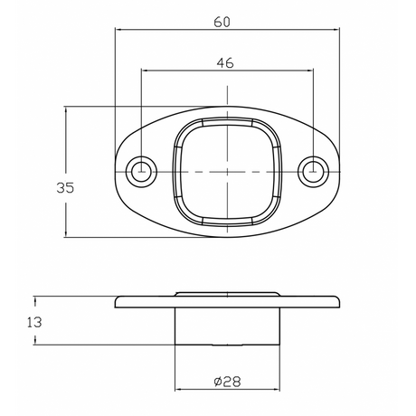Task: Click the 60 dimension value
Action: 222,22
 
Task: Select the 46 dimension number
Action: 225,63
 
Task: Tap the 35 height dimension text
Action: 65,188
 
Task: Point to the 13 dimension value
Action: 34,323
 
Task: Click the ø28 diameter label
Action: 227,382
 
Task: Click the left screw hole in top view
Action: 141,172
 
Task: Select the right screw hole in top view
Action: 314,172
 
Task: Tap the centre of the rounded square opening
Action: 227,172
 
